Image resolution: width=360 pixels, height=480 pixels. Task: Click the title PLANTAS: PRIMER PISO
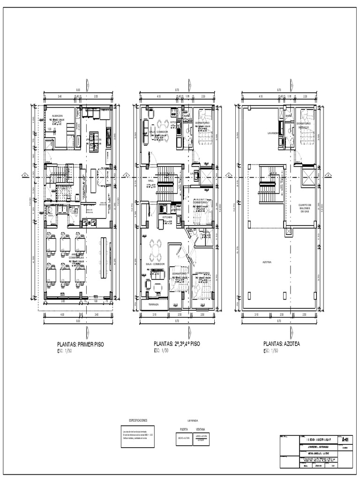(80, 344)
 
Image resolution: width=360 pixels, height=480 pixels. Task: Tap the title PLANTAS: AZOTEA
(281, 344)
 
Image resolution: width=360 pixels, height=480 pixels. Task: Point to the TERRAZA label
(153, 304)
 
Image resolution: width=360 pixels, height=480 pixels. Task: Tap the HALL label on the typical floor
(150, 180)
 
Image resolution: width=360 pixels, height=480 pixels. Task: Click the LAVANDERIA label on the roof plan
(275, 133)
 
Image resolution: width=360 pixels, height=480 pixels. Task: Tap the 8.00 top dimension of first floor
(78, 90)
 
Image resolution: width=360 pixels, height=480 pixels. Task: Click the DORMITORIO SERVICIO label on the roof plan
(304, 125)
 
